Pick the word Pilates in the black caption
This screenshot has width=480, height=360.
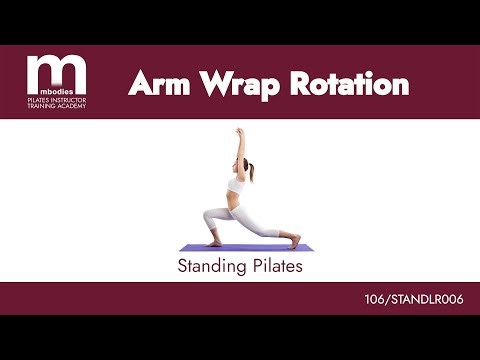click(275, 267)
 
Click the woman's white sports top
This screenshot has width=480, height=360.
click(237, 186)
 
